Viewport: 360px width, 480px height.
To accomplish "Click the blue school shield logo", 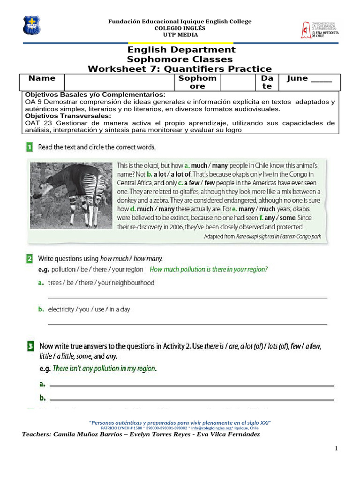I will point(32,25).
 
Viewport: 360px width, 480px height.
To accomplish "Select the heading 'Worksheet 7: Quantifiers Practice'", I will point(180,69).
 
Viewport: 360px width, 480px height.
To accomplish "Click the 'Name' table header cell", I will point(42,79).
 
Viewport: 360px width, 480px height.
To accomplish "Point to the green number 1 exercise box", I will point(30,147).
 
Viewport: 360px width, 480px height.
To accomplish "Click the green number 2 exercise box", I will point(30,258).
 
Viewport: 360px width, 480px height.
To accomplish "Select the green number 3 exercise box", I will point(30,346).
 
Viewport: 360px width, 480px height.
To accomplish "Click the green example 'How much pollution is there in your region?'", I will point(208,270).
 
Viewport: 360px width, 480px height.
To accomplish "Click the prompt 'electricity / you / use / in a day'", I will point(89,309).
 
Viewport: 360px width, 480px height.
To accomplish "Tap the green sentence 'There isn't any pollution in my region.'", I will point(105,368).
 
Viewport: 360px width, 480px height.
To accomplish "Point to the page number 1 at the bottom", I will point(336,449).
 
